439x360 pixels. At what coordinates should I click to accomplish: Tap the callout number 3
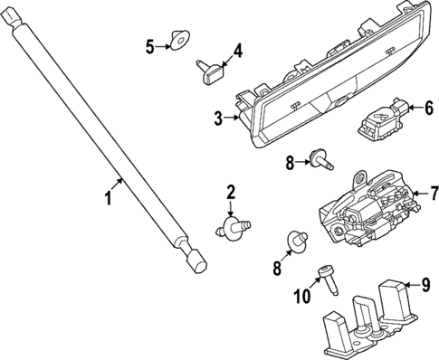click(x=218, y=118)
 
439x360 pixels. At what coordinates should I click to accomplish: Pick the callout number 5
click(x=151, y=45)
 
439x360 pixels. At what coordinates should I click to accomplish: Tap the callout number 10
click(x=303, y=296)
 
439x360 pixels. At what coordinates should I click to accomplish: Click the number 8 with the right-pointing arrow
click(x=290, y=163)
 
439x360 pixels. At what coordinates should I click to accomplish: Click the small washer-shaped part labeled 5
click(x=180, y=41)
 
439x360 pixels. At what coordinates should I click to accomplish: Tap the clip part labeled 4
click(x=208, y=68)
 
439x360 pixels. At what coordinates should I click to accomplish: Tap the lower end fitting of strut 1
click(x=192, y=261)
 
